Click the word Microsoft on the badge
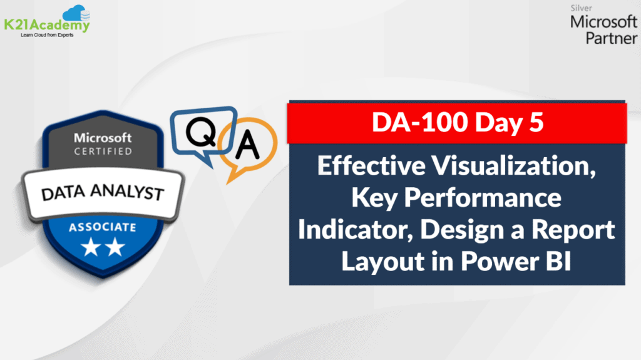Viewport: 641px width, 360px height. click(x=103, y=137)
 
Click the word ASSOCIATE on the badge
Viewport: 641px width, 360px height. click(x=103, y=227)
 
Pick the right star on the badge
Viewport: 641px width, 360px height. click(x=115, y=249)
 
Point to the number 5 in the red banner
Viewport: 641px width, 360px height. click(x=535, y=123)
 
